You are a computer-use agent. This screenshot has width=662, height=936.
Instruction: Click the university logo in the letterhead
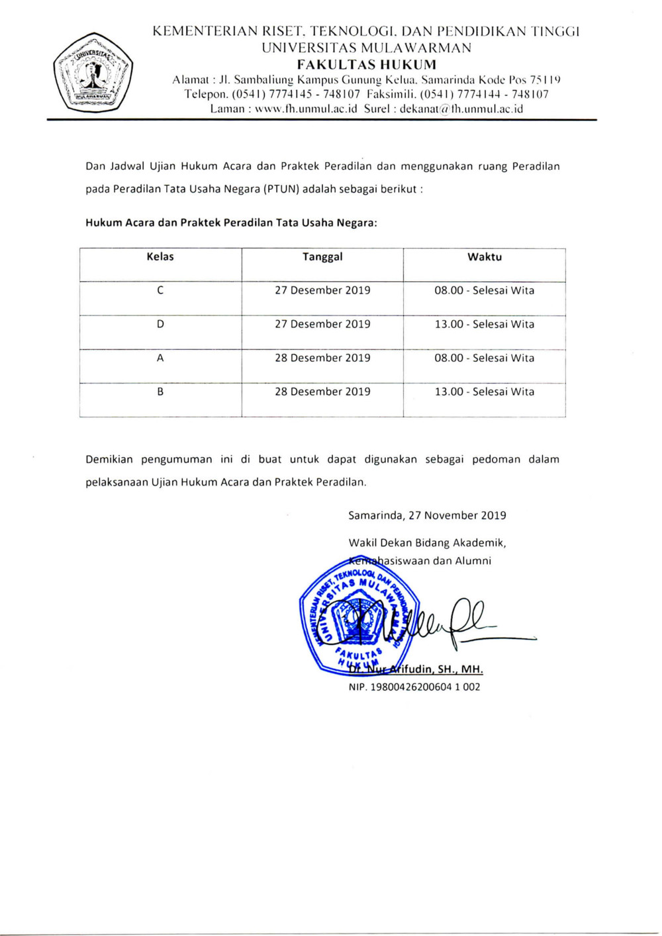[x=93, y=72]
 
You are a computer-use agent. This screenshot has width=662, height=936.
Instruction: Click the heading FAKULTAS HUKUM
[x=366, y=65]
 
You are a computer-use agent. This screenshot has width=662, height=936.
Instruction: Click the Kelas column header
[x=160, y=257]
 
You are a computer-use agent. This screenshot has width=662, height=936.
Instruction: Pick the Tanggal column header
[x=322, y=257]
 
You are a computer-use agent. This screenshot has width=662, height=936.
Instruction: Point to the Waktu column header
[x=484, y=257]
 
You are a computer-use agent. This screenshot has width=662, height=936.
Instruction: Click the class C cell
[x=160, y=290]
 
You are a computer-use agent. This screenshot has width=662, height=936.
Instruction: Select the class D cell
[x=160, y=324]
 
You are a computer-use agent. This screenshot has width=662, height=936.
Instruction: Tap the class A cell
[x=160, y=358]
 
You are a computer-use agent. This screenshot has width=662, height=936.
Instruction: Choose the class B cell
[x=160, y=392]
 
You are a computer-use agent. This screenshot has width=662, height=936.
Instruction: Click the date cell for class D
[x=322, y=324]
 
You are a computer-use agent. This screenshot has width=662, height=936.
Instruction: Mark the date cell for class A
[x=322, y=358]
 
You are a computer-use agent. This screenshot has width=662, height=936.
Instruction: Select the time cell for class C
[x=484, y=290]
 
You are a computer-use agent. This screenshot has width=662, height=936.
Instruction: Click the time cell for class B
[x=484, y=392]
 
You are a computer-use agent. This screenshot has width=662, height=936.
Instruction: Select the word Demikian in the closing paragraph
[x=109, y=459]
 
